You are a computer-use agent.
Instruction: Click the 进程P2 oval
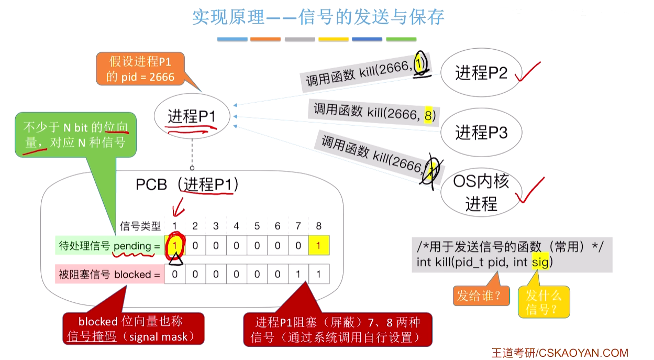(481, 73)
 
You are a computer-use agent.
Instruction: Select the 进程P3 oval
(481, 133)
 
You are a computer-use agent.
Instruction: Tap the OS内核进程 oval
(481, 192)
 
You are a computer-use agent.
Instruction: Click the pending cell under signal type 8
(319, 246)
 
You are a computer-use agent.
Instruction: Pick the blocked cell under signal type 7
(298, 274)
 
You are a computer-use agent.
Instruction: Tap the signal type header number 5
(257, 226)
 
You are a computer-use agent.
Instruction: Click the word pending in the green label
(131, 246)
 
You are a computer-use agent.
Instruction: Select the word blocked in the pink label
(132, 274)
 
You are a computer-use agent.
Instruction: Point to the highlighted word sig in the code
(540, 261)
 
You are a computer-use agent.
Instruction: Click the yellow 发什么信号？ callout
(544, 302)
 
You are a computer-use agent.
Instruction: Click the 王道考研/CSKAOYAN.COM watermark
(559, 353)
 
